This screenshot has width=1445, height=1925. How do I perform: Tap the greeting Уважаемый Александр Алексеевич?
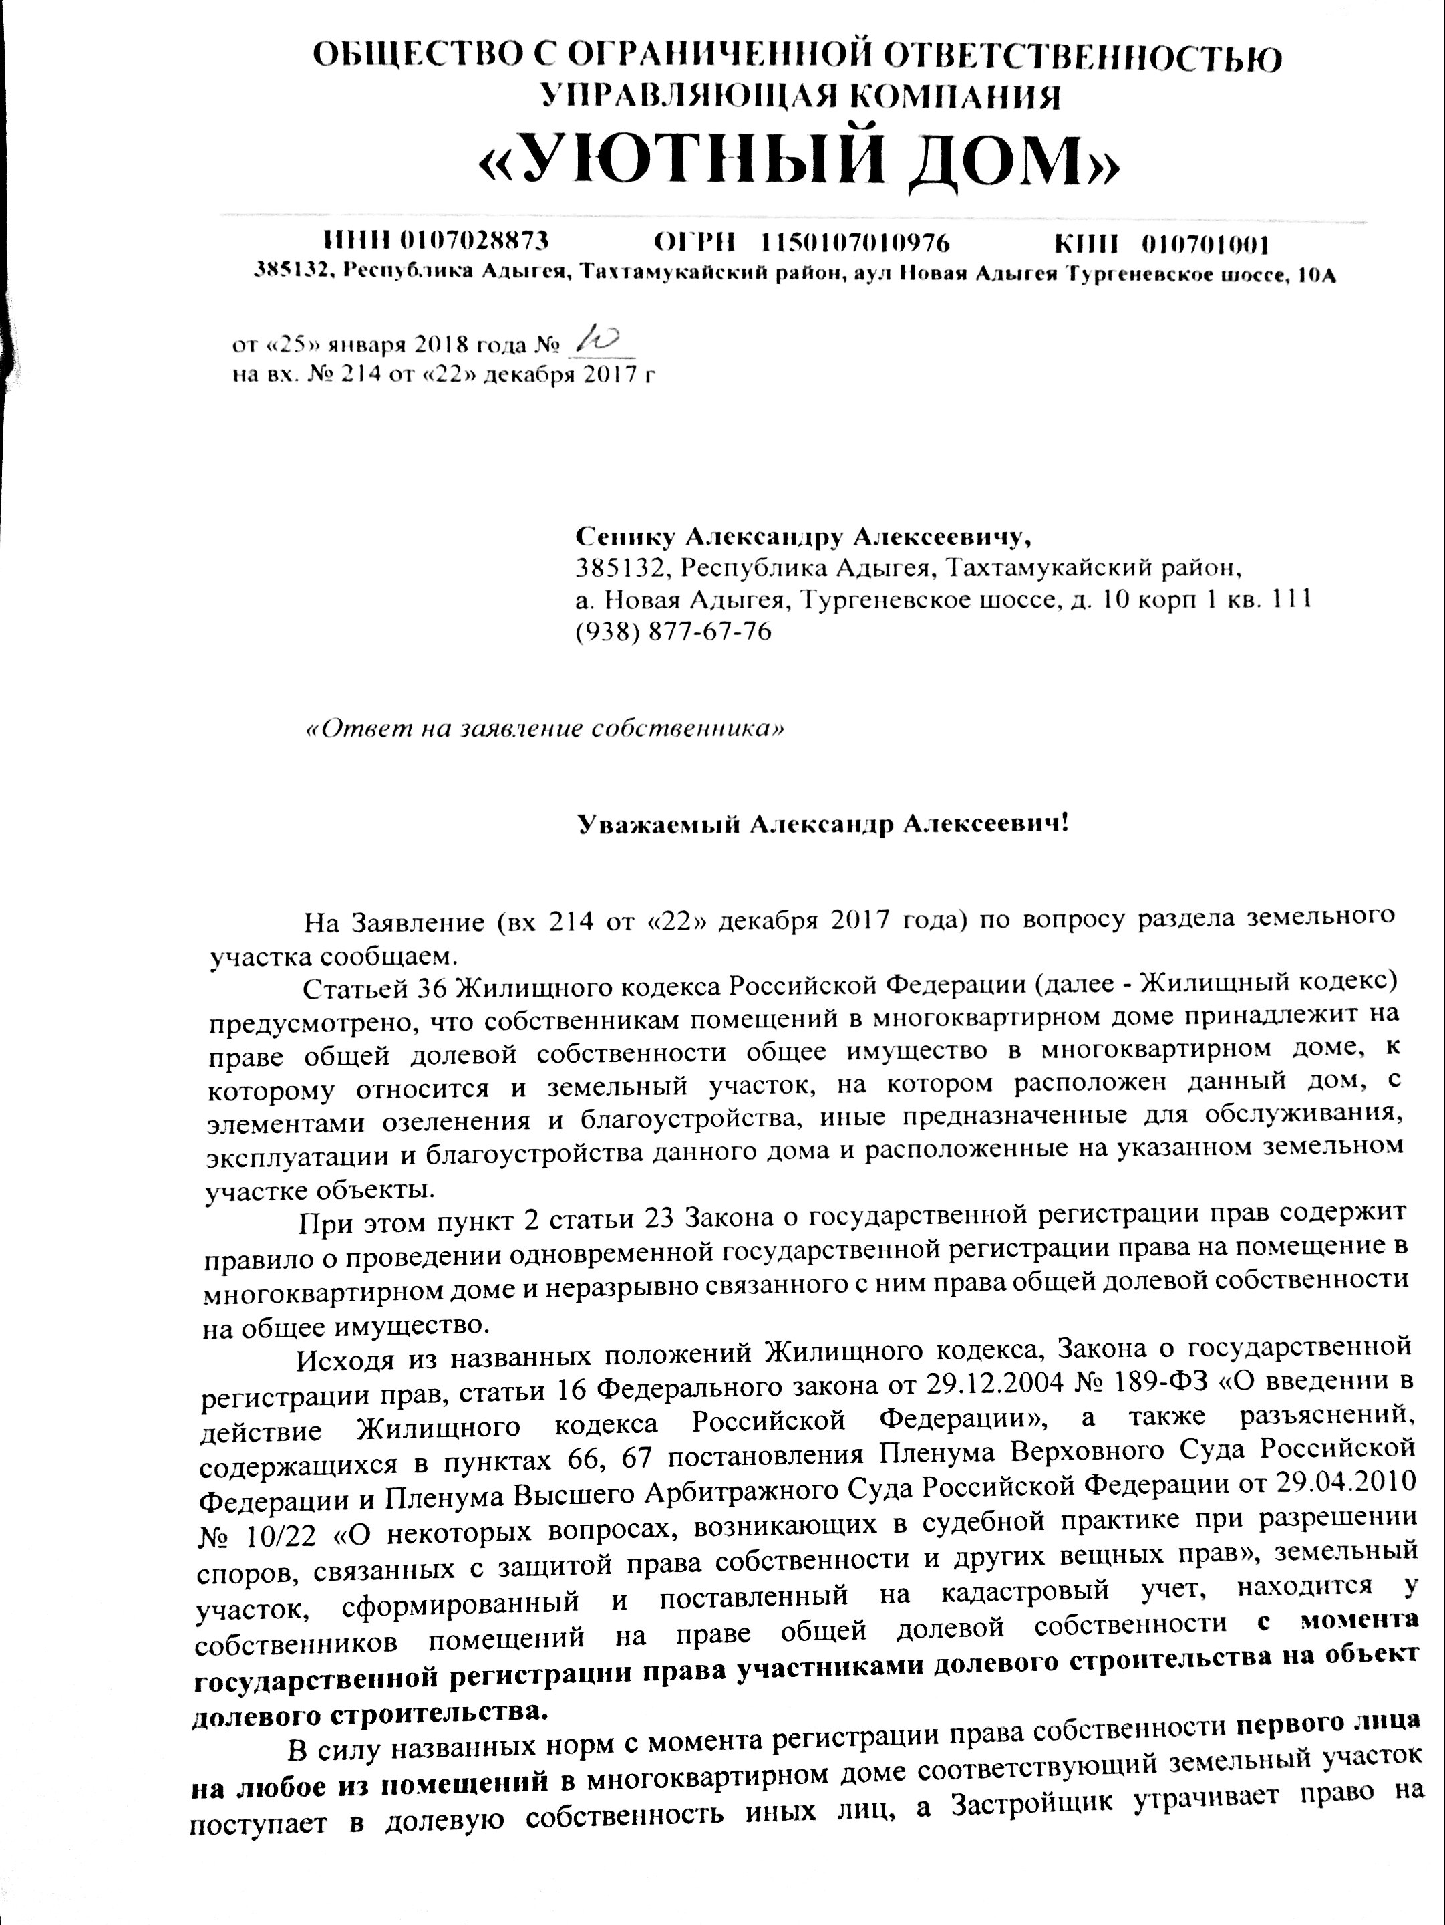coord(822,823)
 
